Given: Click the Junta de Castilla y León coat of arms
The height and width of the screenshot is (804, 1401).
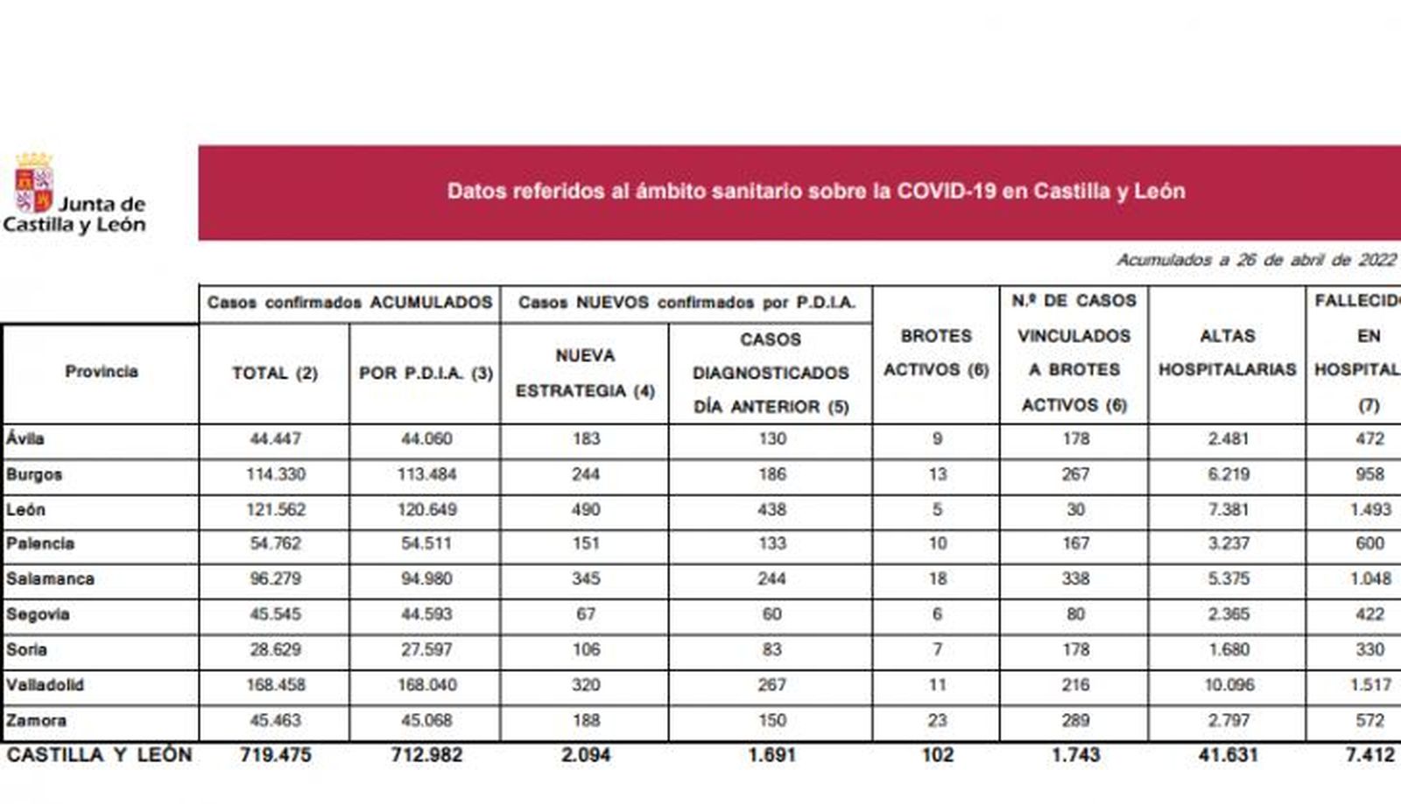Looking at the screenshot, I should pyautogui.click(x=34, y=184).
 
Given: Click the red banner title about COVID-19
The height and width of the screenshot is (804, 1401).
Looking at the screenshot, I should pyautogui.click(x=815, y=192).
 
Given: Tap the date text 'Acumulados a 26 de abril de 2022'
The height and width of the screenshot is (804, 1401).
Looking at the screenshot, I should pyautogui.click(x=1256, y=261).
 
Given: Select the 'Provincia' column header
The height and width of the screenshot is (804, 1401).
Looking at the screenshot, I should pyautogui.click(x=102, y=372).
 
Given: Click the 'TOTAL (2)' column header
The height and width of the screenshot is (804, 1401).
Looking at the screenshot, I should pyautogui.click(x=274, y=374).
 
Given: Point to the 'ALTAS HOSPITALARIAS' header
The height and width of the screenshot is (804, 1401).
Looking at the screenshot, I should pyautogui.click(x=1227, y=353).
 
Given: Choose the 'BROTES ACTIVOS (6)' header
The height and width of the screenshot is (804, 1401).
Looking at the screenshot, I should pyautogui.click(x=936, y=353).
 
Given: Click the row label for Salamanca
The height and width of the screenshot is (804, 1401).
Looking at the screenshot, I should pyautogui.click(x=50, y=579).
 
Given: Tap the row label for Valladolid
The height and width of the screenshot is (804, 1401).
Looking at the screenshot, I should pyautogui.click(x=45, y=685).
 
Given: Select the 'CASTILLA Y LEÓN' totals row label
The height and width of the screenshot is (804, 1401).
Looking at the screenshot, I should pyautogui.click(x=99, y=755).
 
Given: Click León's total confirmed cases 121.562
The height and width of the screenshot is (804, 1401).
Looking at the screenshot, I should pyautogui.click(x=275, y=510).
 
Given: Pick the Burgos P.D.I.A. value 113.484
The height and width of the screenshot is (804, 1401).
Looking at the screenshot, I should pyautogui.click(x=426, y=475).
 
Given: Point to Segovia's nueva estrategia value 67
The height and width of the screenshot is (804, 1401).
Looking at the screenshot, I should pyautogui.click(x=586, y=615).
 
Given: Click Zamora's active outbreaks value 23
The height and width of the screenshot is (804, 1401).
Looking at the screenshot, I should pyautogui.click(x=937, y=721).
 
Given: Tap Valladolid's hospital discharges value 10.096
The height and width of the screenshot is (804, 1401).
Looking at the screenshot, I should pyautogui.click(x=1229, y=685).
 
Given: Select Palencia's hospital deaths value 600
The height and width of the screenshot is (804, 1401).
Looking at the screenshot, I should pyautogui.click(x=1369, y=544).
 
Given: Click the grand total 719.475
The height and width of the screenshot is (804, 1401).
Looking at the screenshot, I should pyautogui.click(x=275, y=755).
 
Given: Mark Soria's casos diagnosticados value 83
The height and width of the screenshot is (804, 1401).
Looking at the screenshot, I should pyautogui.click(x=771, y=650).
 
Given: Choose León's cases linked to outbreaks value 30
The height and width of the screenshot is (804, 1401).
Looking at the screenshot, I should pyautogui.click(x=1075, y=510).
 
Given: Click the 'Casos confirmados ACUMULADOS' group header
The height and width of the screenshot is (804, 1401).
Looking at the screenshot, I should pyautogui.click(x=349, y=303).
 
